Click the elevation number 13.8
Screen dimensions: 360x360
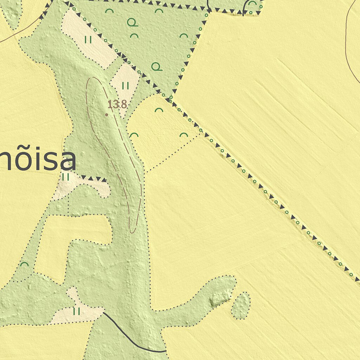(x=117, y=104)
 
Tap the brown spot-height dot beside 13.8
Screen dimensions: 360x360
(x=107, y=114)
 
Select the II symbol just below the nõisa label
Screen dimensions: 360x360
(x=65, y=177)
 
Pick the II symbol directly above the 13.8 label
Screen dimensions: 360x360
(x=125, y=85)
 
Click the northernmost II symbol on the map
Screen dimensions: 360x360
(x=88, y=40)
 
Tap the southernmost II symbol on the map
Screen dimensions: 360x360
(x=77, y=311)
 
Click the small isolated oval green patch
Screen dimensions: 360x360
(x=241, y=306)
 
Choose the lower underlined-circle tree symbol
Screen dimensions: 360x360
(x=157, y=66)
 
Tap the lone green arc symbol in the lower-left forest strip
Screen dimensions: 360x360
(x=24, y=264)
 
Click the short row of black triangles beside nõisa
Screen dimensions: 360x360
(x=93, y=179)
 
